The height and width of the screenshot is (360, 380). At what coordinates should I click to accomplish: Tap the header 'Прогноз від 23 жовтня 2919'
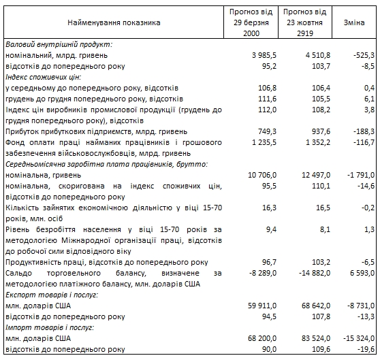click(x=305, y=22)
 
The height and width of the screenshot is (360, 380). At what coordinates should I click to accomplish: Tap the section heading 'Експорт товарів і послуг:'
click(x=51, y=295)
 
